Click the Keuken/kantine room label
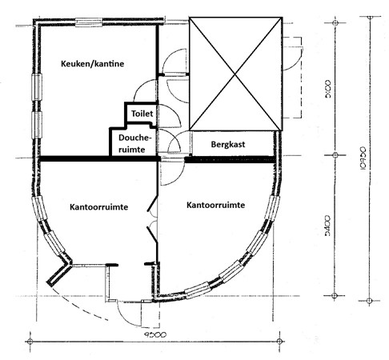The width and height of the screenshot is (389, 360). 91,63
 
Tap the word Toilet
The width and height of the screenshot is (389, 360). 142,114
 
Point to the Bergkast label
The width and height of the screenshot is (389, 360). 227,146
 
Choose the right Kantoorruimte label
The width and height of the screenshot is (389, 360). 215,206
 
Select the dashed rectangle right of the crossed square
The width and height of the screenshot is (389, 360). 292,60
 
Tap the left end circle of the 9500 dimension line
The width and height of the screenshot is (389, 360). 30,342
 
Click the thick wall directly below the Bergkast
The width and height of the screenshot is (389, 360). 232,161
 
